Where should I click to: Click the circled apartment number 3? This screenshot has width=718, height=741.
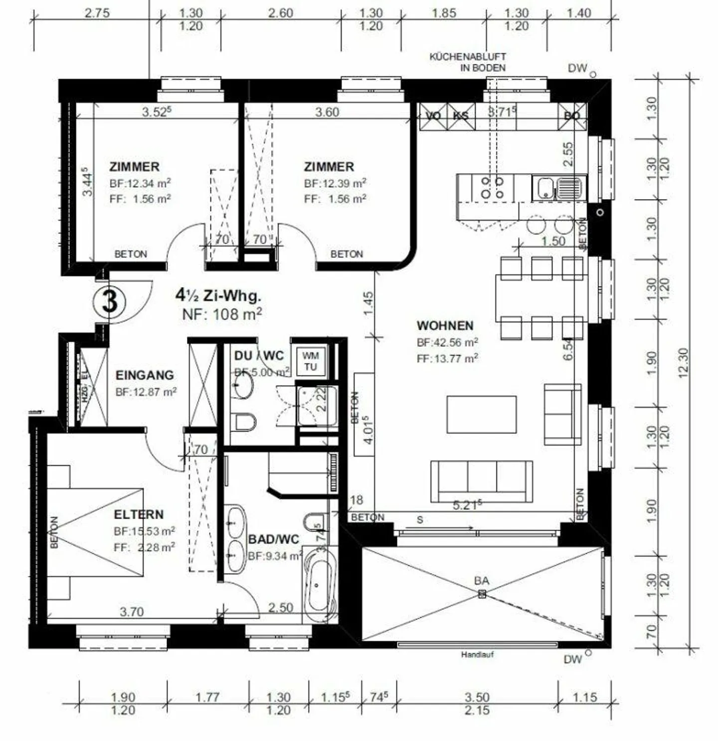(x=109, y=301)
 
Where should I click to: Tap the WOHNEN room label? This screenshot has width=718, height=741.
(x=445, y=326)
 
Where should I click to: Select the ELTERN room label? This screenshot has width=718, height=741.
(x=139, y=514)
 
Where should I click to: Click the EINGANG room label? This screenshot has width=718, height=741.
(x=145, y=375)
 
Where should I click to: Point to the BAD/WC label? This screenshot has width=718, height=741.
(x=273, y=539)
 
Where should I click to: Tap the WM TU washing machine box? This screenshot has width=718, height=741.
(x=310, y=361)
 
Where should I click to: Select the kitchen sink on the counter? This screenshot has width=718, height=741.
(x=558, y=188)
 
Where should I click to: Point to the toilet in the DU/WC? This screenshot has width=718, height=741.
(x=244, y=422)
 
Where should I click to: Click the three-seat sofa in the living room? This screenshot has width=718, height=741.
(x=481, y=481)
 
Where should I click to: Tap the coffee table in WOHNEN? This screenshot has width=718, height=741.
(x=481, y=414)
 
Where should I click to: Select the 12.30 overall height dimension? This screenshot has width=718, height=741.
(x=683, y=363)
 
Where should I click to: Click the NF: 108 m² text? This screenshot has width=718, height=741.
(x=222, y=314)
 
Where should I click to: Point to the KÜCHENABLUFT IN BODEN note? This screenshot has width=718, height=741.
(x=468, y=62)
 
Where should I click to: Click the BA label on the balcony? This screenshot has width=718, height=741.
(x=481, y=580)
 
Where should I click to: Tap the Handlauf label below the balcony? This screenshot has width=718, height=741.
(x=477, y=655)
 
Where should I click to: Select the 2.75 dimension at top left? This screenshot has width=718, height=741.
(x=97, y=13)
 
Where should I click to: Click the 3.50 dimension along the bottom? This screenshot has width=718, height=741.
(x=477, y=697)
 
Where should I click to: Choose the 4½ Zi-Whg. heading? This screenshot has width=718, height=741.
(x=218, y=295)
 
